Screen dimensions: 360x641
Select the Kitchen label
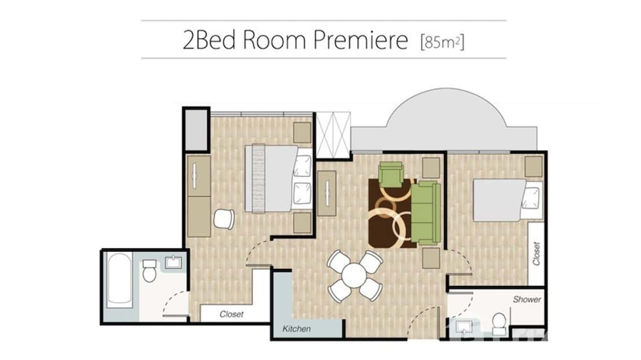tap(296, 328)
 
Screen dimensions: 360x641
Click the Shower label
tap(527, 300)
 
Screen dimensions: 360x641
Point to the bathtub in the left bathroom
tap(119, 280)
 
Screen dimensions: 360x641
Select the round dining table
tap(354, 276)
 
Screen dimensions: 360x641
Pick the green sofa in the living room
tap(426, 213)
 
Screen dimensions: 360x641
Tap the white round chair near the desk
tap(224, 219)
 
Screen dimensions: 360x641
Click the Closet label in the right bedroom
tap(536, 254)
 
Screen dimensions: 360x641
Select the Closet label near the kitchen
tap(232, 314)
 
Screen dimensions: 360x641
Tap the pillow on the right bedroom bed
tap(531, 197)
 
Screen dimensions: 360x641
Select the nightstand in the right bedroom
tap(534, 167)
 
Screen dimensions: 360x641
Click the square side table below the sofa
tap(431, 258)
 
